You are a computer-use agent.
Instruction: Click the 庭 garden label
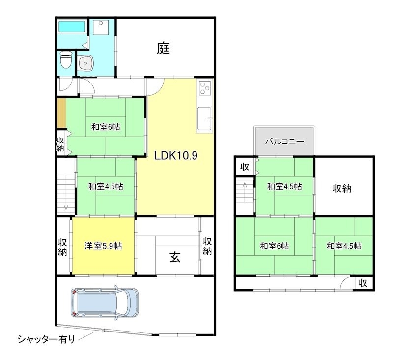pos(164,48)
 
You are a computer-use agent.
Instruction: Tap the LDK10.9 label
pos(175,156)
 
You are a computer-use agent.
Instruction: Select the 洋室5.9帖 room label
pos(103,246)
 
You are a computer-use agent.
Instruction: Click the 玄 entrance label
pos(175,257)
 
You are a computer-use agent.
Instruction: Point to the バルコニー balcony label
pos(284,141)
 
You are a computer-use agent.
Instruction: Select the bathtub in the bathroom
pos(72,27)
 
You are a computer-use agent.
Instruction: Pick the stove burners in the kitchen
pos(204,89)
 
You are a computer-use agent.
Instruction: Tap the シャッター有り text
pos(46,339)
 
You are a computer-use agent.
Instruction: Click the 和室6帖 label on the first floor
pos(105,127)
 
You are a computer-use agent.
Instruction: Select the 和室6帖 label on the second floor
pos(274,246)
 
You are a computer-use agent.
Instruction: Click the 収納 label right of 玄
pos(208,246)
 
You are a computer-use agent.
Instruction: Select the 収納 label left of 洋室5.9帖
pos(63,246)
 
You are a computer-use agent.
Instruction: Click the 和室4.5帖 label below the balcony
pos(284,187)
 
